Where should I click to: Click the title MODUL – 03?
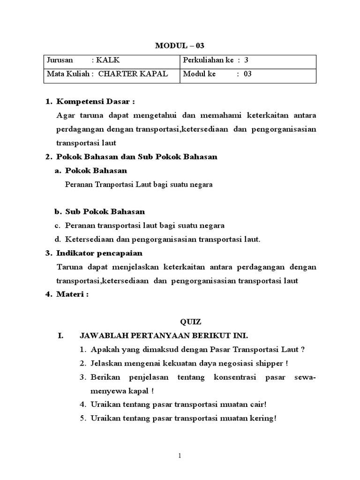click(180, 45)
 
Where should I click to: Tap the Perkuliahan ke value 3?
click(246, 60)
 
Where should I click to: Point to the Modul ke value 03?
click(247, 74)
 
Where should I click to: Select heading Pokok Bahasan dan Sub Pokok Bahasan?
click(136, 157)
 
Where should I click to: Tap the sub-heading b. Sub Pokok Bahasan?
click(105, 212)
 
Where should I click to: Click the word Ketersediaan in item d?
click(87, 239)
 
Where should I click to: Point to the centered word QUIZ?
click(191, 322)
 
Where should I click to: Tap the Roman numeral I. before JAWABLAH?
click(60, 336)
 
